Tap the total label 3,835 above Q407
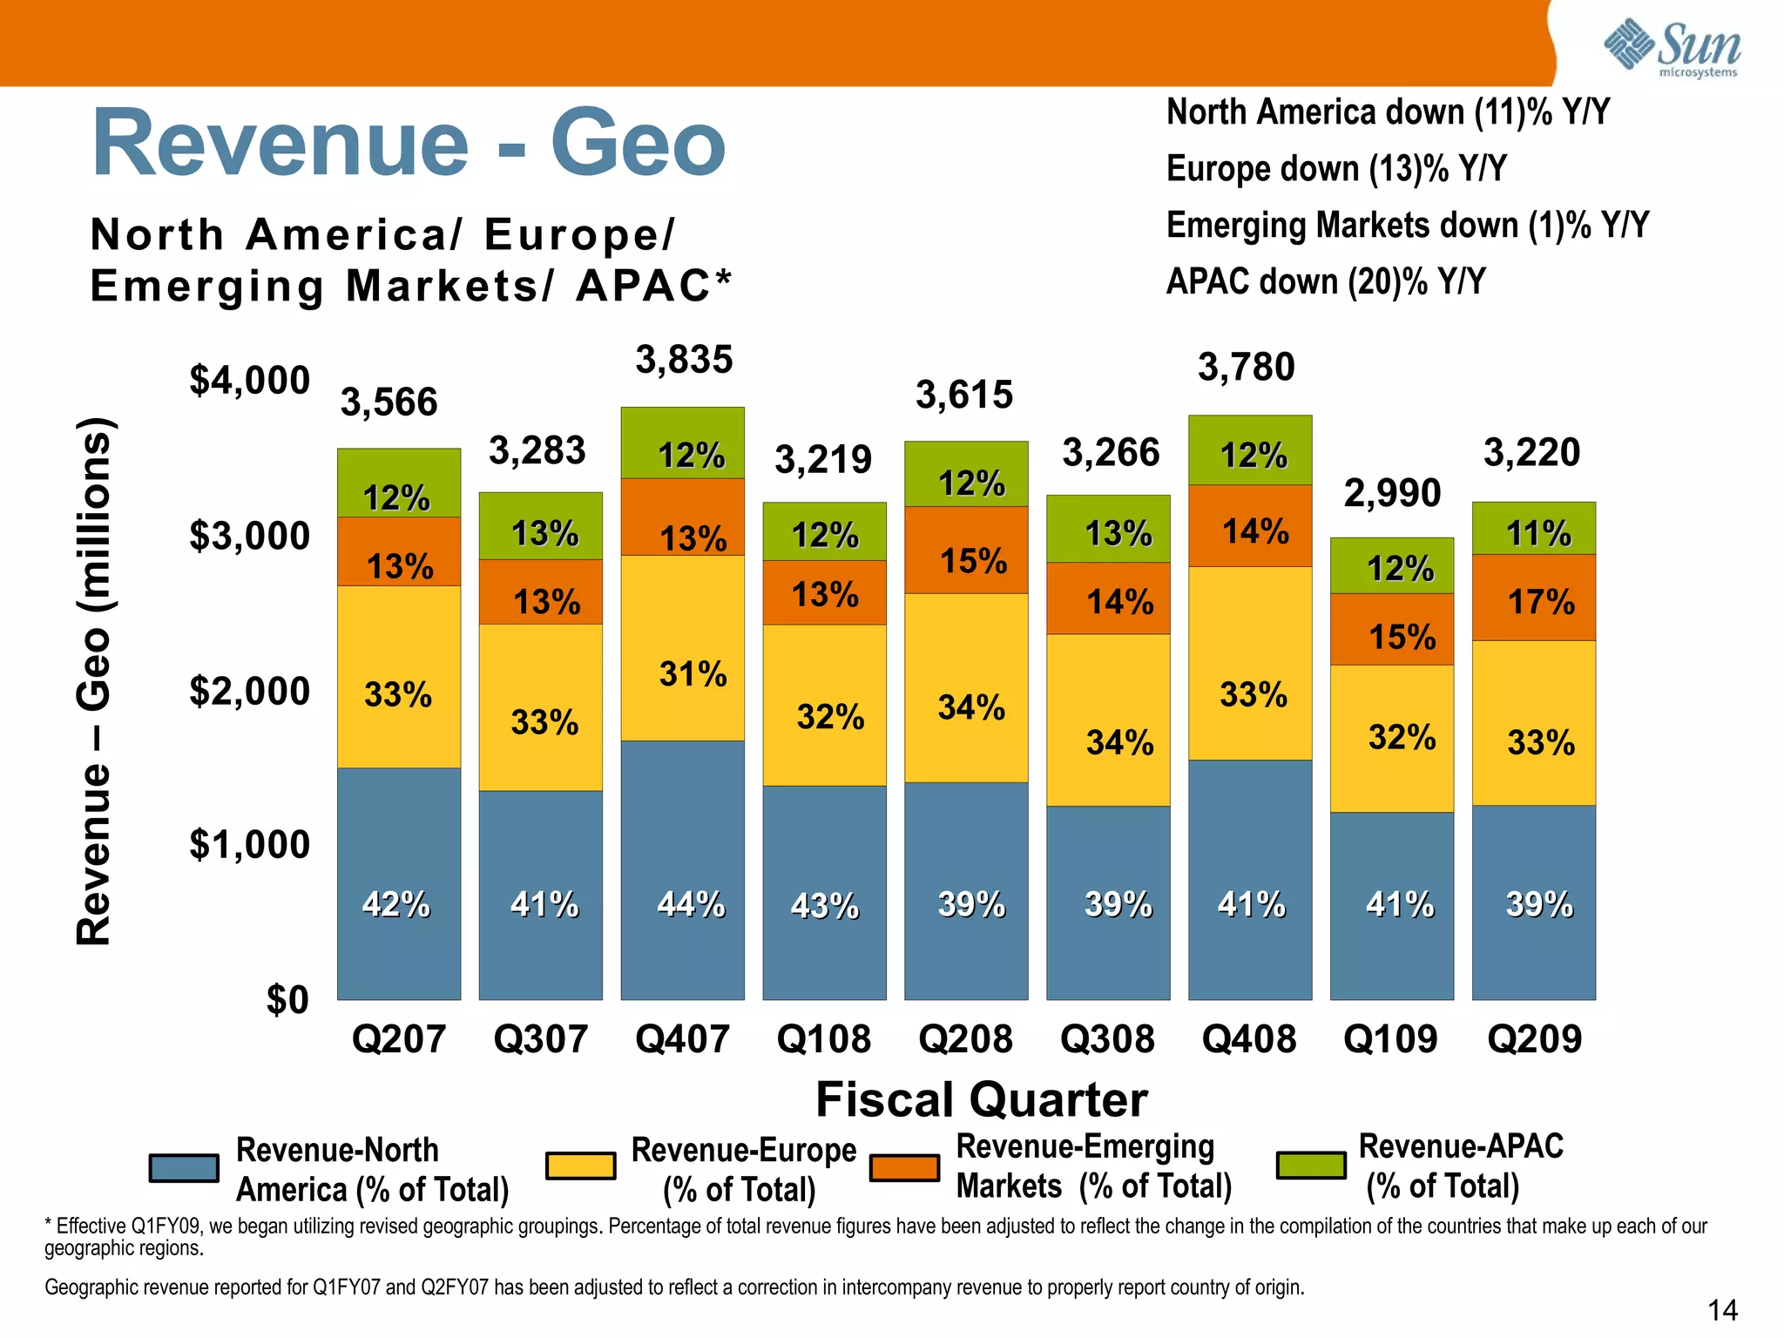pos(684,360)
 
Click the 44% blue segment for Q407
pos(682,871)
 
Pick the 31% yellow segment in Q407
pos(682,648)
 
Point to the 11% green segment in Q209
pos(1534,529)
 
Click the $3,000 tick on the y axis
pos(250,536)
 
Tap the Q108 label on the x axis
pos(823,1038)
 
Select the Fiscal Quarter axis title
pos(981,1099)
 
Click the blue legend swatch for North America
pos(184,1168)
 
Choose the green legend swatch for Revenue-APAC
pos(1310,1165)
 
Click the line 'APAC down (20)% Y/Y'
pos(1326,281)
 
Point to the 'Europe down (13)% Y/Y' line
pos(1336,168)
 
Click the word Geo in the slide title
pos(638,143)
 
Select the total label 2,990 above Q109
pos(1392,494)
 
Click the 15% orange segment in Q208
pos(966,551)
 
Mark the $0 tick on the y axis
pos(287,1000)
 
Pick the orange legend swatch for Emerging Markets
pos(904,1168)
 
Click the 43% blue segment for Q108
pos(824,893)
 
